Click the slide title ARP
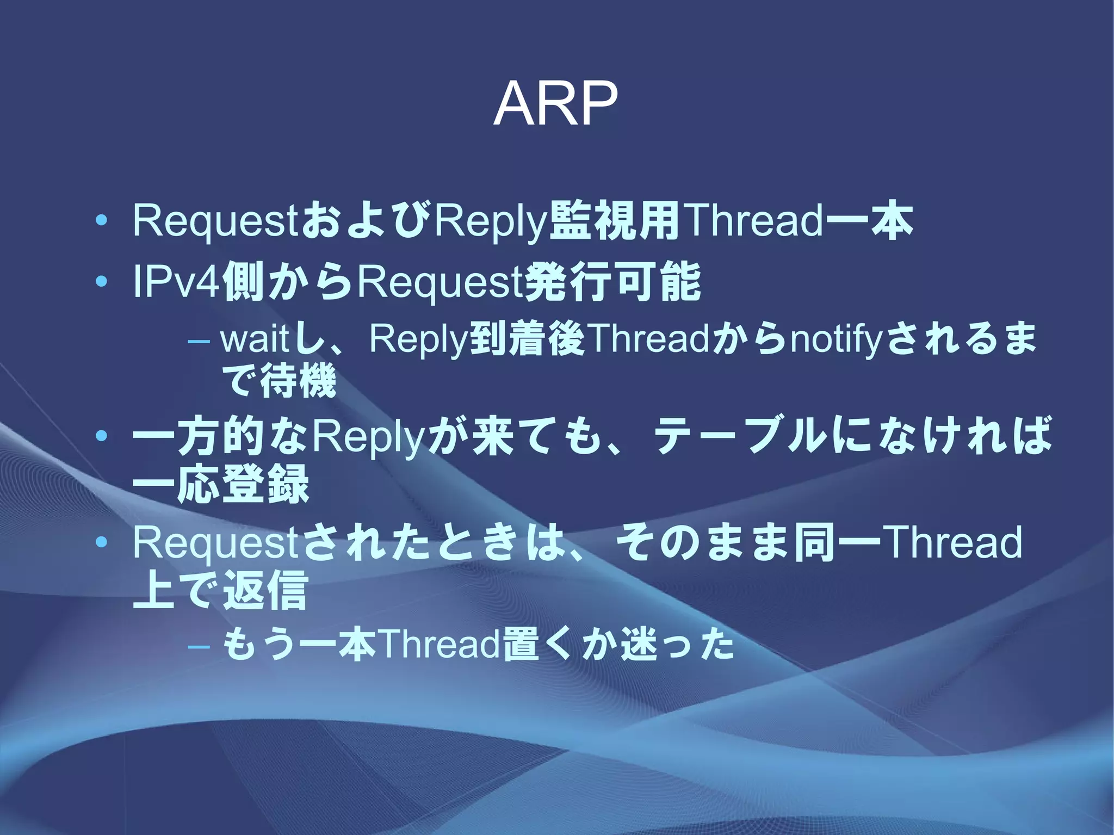pos(555,103)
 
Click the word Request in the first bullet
pos(215,222)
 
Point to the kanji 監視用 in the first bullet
pos(615,221)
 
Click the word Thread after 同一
pos(952,542)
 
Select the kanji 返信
pos(265,590)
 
